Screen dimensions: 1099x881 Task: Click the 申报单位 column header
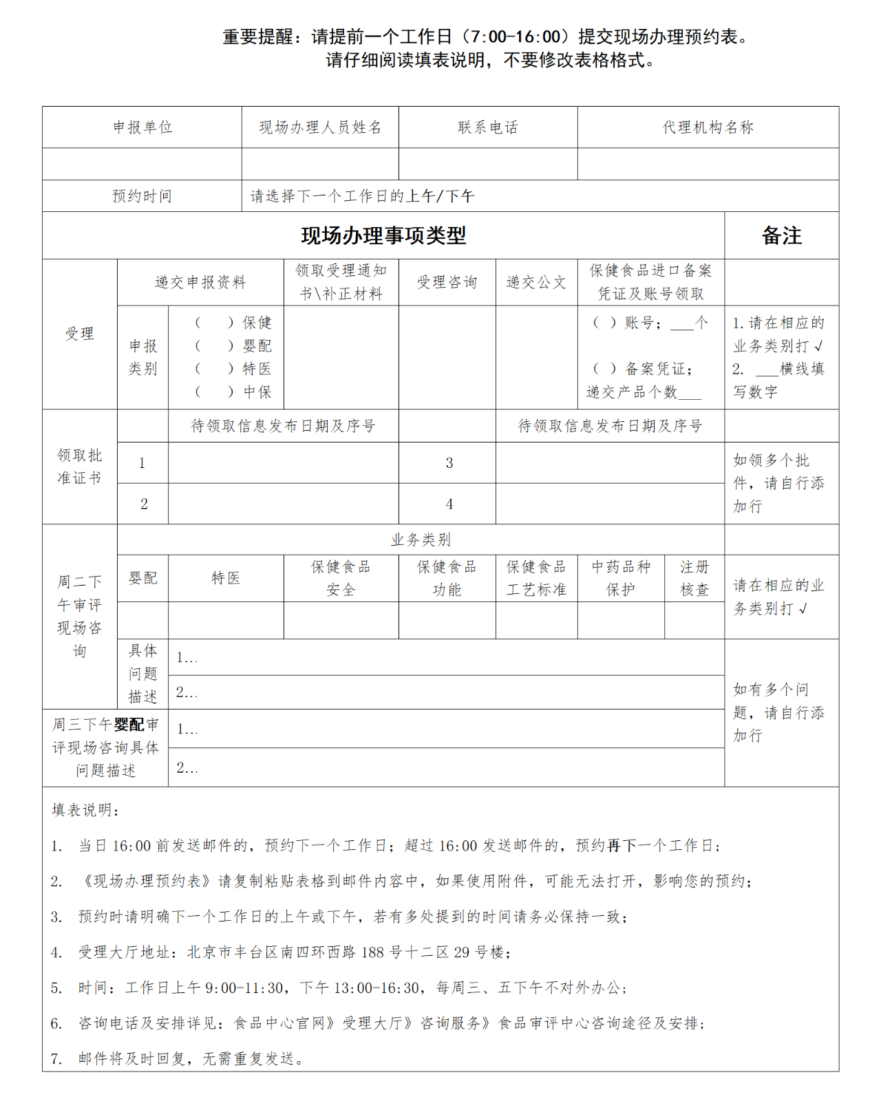142,127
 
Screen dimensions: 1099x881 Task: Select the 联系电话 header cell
488,127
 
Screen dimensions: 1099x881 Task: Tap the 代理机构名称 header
708,127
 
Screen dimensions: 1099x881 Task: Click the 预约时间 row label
142,196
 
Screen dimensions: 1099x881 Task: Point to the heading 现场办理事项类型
383,236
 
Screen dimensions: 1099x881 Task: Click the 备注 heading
781,236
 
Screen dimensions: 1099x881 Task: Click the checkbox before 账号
604,323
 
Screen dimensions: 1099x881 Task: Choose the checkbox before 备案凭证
604,369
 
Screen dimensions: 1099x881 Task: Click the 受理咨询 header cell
447,282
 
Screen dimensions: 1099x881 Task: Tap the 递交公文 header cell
536,282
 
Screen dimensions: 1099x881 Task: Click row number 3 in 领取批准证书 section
449,463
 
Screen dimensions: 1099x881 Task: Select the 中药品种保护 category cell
621,578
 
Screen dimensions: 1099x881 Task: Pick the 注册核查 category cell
694,578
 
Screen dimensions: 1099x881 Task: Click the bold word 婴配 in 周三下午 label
129,725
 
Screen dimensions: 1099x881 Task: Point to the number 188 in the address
372,952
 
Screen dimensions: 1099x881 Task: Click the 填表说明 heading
86,810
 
